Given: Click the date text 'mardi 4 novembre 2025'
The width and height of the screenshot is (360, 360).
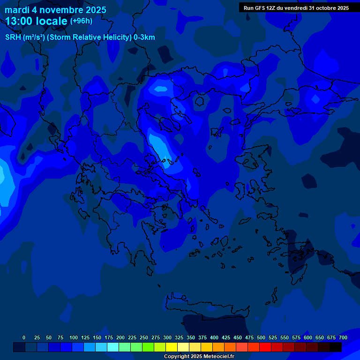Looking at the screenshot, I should (x=55, y=10).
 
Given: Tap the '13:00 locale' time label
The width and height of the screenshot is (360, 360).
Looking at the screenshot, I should (x=37, y=21).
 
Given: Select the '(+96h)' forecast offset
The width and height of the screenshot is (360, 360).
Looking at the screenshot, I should (x=81, y=21).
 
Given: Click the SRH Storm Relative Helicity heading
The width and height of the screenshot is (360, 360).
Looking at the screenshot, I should (x=80, y=37).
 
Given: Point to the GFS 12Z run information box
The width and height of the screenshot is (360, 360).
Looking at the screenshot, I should (x=296, y=8).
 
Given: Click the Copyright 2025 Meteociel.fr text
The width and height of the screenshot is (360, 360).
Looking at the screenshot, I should (x=199, y=356).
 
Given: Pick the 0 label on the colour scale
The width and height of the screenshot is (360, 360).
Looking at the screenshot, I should (x=24, y=337).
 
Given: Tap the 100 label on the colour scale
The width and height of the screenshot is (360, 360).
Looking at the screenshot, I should (x=73, y=337).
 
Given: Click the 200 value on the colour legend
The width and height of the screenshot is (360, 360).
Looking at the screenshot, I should (x=120, y=337).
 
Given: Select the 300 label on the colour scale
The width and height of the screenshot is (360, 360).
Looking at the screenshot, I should (x=167, y=337).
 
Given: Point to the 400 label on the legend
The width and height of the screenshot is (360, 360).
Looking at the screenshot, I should (x=214, y=337).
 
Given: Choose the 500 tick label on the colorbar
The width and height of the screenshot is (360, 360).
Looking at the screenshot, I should (x=261, y=337).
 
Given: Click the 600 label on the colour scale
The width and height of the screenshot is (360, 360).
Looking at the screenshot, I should (x=308, y=337).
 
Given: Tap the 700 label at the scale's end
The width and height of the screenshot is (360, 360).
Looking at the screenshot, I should (x=343, y=337).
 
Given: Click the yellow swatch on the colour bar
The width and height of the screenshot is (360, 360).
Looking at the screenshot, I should (x=172, y=347).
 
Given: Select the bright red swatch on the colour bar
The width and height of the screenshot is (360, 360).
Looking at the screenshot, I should (x=265, y=347).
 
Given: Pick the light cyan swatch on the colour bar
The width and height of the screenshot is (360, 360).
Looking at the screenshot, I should (x=113, y=347).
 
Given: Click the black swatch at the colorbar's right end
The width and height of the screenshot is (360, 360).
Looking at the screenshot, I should (x=336, y=347).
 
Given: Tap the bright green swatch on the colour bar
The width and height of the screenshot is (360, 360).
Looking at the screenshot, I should (x=148, y=347).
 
